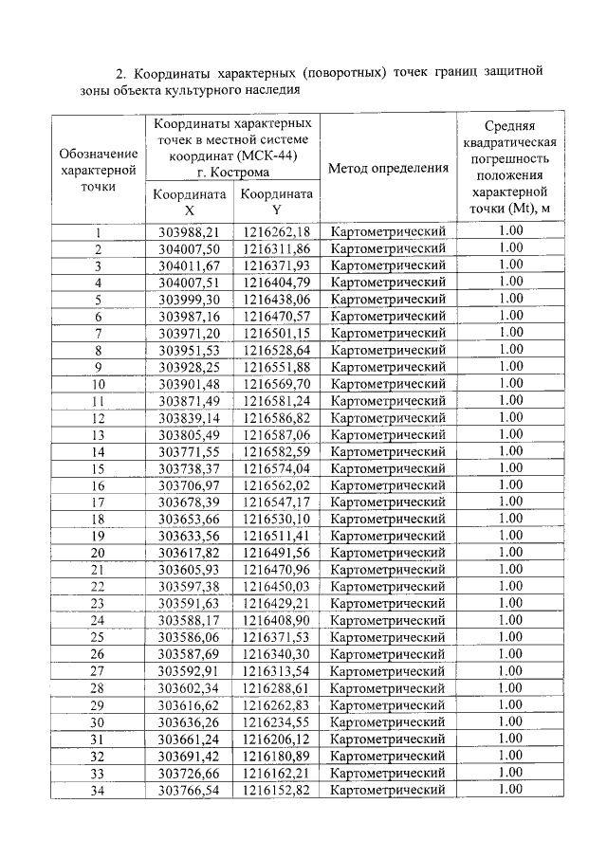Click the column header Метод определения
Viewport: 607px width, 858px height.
[x=388, y=169]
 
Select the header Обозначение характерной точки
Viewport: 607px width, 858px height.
[x=98, y=170]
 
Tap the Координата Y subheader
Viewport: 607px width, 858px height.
[x=276, y=201]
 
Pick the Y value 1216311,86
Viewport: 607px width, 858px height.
[x=276, y=248]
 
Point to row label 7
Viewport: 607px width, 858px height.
[x=98, y=333]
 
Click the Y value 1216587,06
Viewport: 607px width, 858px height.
[x=276, y=434]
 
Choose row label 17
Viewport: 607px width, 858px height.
[x=98, y=502]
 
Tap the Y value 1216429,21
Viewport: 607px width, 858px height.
[x=276, y=603]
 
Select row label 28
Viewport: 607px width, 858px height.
[x=98, y=687]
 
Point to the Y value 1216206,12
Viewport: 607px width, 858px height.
[x=276, y=739]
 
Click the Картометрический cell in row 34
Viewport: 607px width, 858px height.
[x=388, y=789]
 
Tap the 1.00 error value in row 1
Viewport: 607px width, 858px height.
[x=510, y=231]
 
